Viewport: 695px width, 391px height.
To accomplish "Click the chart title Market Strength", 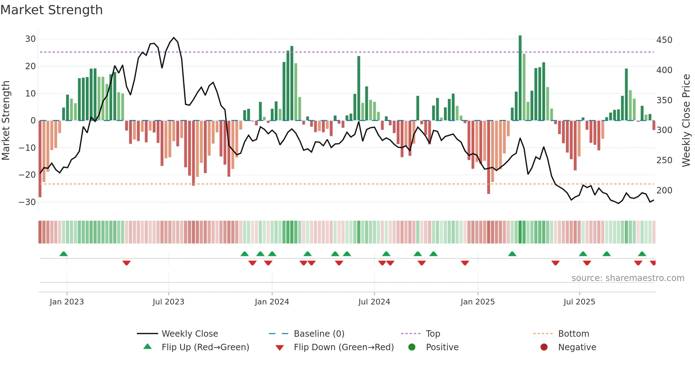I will click(x=51, y=10).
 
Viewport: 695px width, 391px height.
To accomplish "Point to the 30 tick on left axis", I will click(x=30, y=39).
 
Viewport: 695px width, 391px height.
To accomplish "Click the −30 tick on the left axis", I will click(x=28, y=202).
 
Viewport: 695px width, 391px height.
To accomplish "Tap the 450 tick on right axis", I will click(x=664, y=40).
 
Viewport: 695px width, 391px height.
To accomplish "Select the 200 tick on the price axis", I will click(x=664, y=191).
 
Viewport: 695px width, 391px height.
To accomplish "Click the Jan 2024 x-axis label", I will click(x=272, y=302).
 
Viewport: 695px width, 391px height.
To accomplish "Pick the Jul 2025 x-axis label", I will click(x=579, y=302).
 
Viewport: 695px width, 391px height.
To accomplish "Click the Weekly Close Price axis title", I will click(x=686, y=121).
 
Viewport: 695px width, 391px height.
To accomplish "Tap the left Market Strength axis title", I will click(x=6, y=121).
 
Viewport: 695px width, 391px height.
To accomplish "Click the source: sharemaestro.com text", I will click(x=628, y=278).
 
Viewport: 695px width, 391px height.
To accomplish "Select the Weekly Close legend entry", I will click(x=189, y=334).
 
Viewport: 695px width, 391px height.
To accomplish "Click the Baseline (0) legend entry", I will click(x=319, y=334).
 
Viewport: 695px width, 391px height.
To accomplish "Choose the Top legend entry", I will click(x=433, y=334).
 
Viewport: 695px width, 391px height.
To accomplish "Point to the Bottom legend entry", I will click(x=573, y=334).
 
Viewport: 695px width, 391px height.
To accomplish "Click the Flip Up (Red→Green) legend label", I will click(x=205, y=347).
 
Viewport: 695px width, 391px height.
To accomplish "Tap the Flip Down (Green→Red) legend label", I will click(x=344, y=347).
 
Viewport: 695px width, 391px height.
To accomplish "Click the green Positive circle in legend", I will click(x=412, y=347).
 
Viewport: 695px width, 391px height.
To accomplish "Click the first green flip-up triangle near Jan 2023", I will click(x=63, y=254).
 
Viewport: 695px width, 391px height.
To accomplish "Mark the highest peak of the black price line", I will click(x=174, y=38).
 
